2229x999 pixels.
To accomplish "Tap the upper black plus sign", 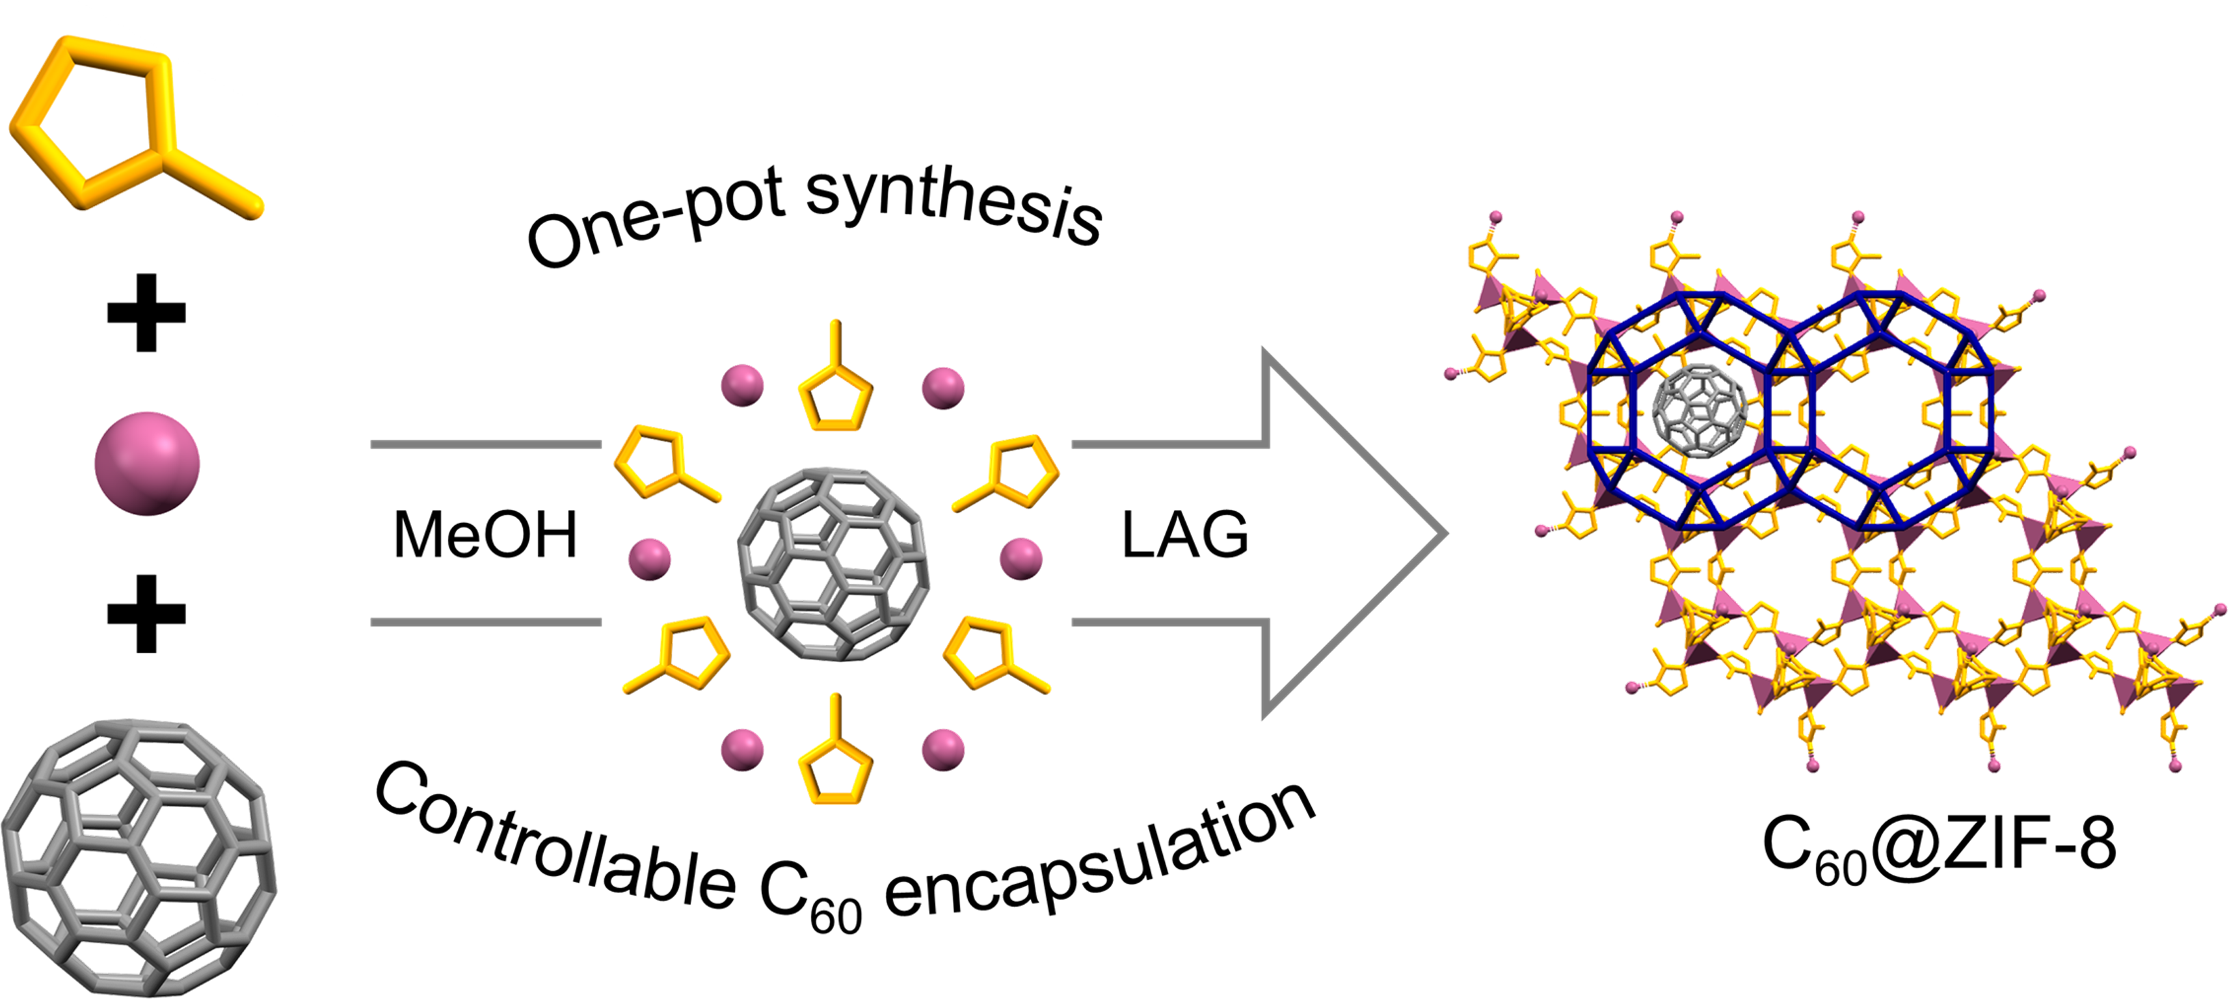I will click(146, 313).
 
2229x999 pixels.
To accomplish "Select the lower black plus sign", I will click(146, 613).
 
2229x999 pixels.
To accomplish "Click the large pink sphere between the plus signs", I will click(147, 464).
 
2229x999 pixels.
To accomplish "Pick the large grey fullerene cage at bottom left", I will click(139, 857).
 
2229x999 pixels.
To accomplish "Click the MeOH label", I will click(485, 535).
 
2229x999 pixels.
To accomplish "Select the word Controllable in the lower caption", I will click(554, 844).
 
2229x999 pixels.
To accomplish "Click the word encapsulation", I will click(1099, 857).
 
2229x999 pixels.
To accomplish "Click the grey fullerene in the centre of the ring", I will click(833, 564).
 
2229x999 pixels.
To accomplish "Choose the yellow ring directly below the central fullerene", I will click(835, 761).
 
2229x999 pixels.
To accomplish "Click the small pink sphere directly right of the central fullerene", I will click(1021, 559).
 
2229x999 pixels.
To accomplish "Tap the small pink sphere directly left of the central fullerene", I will click(649, 559).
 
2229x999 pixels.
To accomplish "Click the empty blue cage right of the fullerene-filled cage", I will click(1878, 411).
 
